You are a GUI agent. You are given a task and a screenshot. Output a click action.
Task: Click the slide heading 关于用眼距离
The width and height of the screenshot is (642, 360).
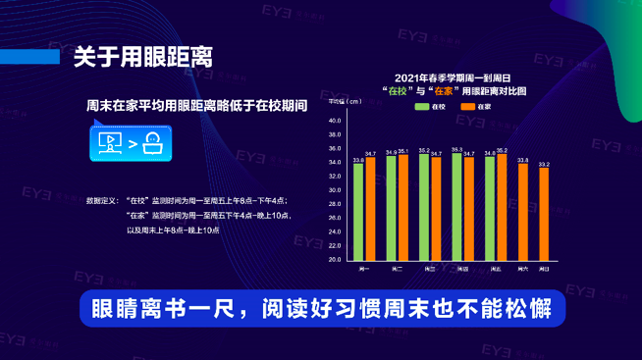tap(143, 55)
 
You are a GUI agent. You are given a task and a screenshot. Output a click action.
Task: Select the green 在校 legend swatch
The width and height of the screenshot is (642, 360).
tap(419, 105)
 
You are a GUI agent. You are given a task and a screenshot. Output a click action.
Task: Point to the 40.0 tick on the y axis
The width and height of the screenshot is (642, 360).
tap(334, 121)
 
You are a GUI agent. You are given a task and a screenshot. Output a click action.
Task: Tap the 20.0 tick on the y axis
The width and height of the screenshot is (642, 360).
tap(334, 260)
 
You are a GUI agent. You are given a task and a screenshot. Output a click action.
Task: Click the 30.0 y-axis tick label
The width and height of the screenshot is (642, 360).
tap(334, 190)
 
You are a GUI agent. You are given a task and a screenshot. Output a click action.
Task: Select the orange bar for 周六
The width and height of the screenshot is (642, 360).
tap(523, 212)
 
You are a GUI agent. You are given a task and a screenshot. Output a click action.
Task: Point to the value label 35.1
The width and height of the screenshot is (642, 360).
tap(402, 151)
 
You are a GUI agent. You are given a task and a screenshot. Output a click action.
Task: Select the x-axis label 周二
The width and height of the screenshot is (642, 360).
tap(397, 268)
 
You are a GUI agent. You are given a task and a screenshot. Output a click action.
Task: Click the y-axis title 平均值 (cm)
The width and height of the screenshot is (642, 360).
tap(339, 101)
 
